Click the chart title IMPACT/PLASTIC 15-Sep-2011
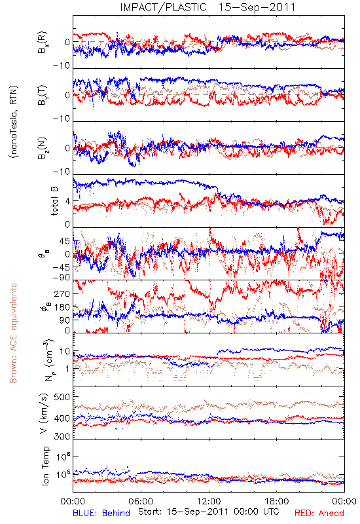pos(207,7)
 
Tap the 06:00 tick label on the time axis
pos(141,501)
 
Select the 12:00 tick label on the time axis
pos(209,501)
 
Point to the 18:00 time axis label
pos(277,501)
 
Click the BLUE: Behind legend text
pos(101,513)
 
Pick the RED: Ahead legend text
pos(319,513)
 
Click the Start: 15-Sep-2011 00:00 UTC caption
pos(209,512)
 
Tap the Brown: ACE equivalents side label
pos(13,333)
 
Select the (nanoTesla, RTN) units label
pos(14,122)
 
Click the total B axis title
pos(54,200)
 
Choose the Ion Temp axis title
pos(45,466)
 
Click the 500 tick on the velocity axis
pos(62,397)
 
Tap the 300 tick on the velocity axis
pos(62,436)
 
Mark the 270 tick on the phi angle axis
pos(62,293)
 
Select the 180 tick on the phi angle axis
pos(62,307)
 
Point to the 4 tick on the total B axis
pos(68,201)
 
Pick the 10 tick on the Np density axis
pos(65,351)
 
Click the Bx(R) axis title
pos(43,43)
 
